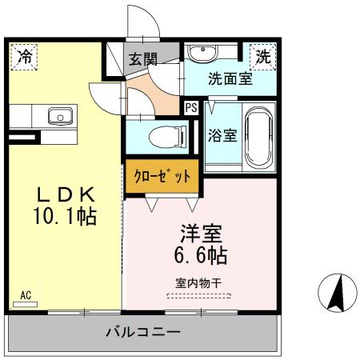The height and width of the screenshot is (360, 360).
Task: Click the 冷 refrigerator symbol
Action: [25, 57]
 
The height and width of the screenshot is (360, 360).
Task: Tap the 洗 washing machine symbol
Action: [263, 57]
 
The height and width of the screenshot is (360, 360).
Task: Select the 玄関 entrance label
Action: [143, 59]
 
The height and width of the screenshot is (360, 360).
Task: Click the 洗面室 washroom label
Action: [230, 78]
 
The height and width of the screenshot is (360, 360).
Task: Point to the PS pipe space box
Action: [191, 108]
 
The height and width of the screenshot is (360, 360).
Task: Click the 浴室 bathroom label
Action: [222, 135]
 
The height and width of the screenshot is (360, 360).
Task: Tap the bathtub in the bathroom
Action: [259, 138]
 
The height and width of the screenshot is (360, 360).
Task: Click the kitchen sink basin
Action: [61, 116]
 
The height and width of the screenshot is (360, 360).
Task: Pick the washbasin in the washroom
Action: [202, 53]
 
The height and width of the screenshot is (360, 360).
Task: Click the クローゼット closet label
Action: [162, 176]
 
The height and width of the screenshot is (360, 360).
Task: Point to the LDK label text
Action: [66, 194]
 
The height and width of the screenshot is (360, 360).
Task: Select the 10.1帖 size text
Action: [65, 217]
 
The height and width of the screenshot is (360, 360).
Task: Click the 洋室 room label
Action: [202, 234]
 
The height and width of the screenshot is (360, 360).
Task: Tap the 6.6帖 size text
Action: [201, 255]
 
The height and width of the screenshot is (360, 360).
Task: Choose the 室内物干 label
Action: [198, 283]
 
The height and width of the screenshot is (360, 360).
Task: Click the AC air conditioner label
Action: [26, 295]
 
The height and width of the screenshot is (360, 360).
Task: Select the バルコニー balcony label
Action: [143, 332]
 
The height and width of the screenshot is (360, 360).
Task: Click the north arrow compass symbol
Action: [338, 293]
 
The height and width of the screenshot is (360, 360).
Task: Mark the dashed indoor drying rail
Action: [199, 296]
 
